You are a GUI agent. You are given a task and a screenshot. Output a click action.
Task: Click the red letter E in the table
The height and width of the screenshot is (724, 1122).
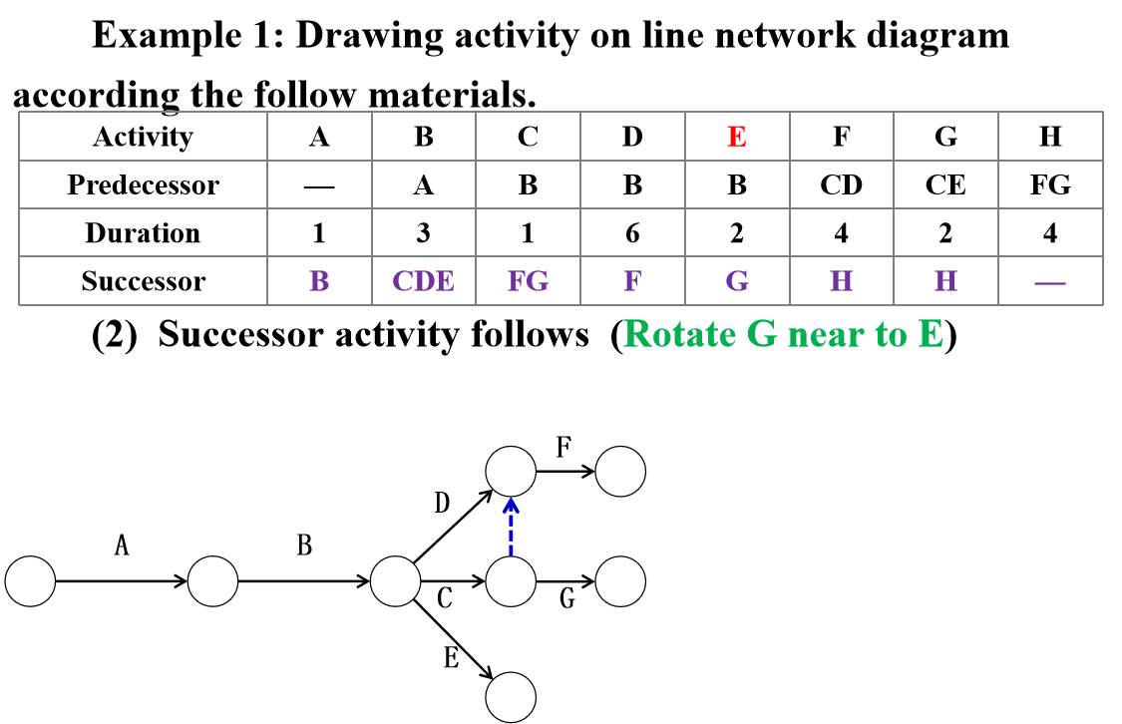(736, 137)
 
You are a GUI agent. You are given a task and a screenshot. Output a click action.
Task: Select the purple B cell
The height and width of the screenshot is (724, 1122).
(319, 281)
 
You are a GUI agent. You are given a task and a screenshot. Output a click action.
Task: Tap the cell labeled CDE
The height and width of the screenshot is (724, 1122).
(423, 281)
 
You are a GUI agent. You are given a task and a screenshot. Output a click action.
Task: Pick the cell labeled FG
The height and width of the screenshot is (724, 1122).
(528, 281)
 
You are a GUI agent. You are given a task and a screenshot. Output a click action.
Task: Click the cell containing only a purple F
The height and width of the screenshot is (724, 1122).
(632, 281)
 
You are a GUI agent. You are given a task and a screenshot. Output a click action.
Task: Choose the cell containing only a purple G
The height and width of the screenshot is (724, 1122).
(737, 281)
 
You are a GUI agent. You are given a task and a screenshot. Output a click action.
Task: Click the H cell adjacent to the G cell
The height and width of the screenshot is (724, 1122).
(841, 281)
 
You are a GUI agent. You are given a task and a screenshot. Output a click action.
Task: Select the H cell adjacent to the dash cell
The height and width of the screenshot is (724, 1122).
(945, 281)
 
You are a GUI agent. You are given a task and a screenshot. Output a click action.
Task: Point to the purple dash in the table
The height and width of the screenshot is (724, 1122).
(1050, 283)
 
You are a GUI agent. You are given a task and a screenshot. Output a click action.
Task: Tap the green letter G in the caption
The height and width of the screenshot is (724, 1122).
(762, 334)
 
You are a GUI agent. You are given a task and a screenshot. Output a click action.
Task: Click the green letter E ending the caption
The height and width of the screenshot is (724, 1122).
(930, 334)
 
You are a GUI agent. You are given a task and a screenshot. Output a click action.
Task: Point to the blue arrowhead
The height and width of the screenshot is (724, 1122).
(511, 505)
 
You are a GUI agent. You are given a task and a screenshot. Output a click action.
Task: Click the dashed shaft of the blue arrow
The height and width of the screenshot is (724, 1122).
(511, 536)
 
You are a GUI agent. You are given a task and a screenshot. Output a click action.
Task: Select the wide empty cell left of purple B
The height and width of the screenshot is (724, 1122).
(143, 281)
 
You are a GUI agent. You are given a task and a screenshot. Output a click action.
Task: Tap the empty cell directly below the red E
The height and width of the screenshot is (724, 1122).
(737, 184)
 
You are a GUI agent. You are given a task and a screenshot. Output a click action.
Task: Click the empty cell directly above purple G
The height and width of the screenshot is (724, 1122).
(737, 232)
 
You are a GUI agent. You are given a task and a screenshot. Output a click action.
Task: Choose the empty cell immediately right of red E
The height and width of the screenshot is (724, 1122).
(841, 137)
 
